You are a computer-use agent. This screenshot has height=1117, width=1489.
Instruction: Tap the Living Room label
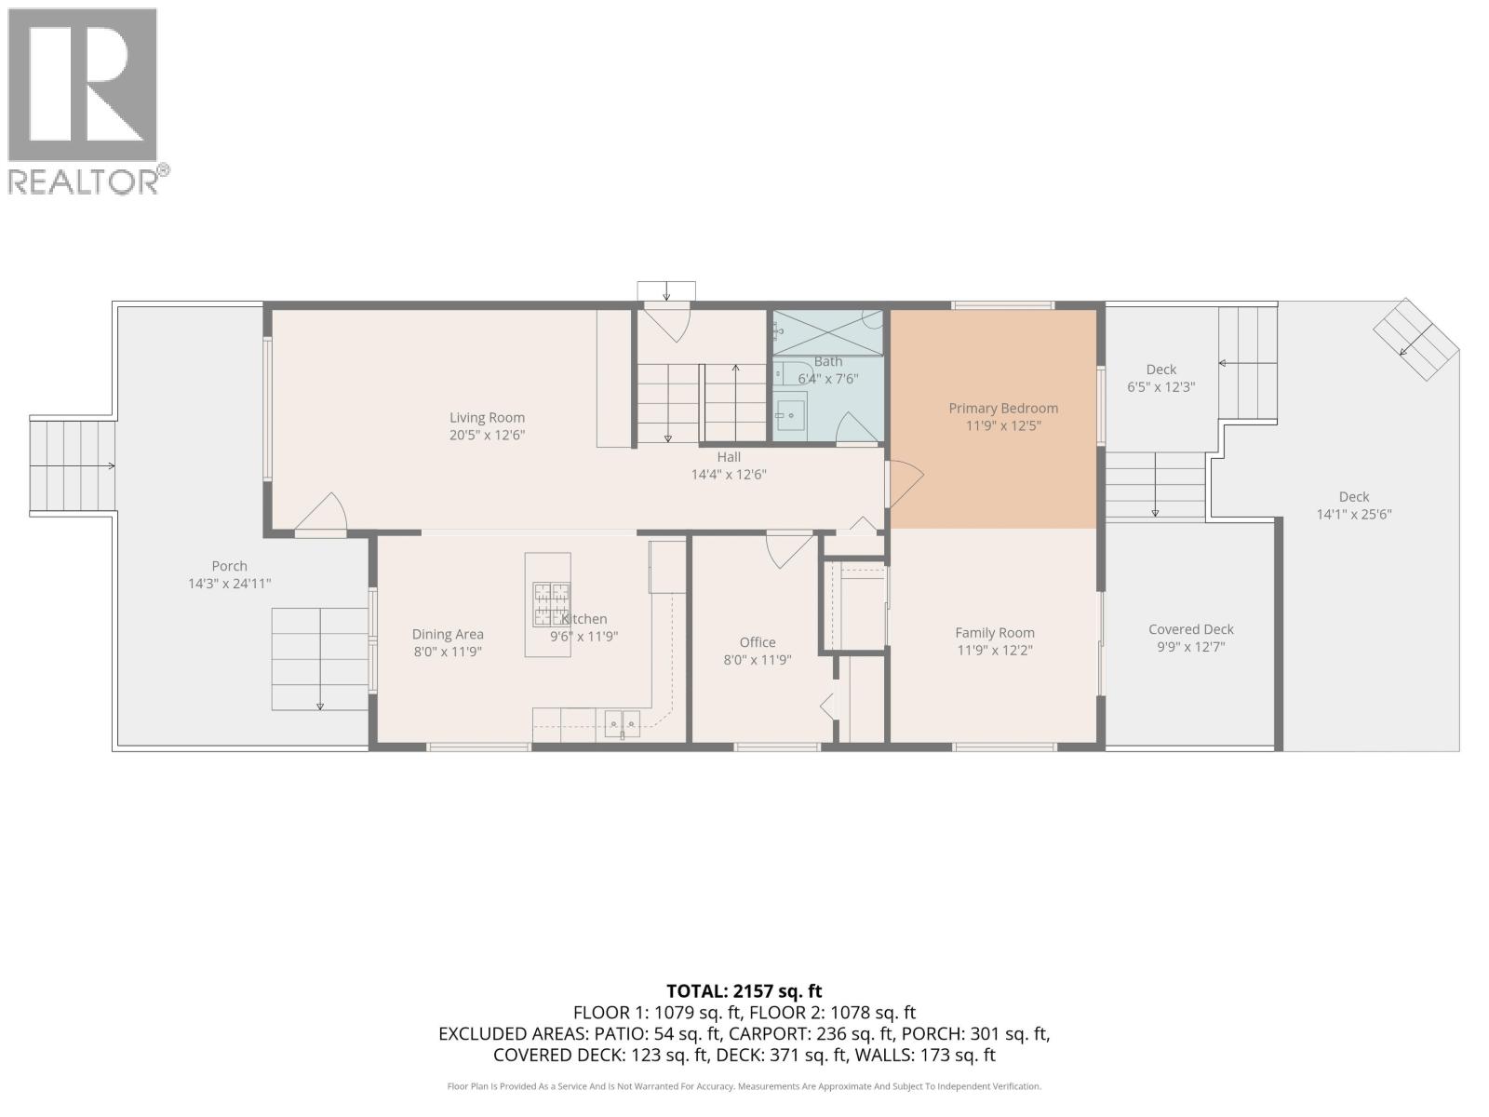(x=487, y=418)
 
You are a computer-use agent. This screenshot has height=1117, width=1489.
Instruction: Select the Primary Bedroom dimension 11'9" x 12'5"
(x=1002, y=425)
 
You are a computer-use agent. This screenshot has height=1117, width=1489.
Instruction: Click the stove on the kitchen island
(x=550, y=604)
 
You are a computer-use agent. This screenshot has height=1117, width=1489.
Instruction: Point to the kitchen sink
(x=622, y=721)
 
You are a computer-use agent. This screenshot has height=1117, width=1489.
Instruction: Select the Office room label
(x=757, y=642)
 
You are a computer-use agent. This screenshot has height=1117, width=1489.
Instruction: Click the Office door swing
(x=786, y=549)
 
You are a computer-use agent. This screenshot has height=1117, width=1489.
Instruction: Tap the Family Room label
(x=994, y=633)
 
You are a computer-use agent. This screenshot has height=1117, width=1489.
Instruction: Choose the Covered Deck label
(x=1190, y=629)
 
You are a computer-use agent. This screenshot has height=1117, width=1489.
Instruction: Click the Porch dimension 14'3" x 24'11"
(x=229, y=584)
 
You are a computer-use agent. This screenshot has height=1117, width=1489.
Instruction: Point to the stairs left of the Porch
(x=73, y=466)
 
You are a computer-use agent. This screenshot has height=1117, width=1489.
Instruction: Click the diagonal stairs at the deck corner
(x=1415, y=339)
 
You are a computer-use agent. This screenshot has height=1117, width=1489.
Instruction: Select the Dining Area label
(x=448, y=634)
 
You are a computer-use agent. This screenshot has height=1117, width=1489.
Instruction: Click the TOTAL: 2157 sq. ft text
(x=744, y=991)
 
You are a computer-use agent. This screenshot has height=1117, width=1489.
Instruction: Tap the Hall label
(x=729, y=457)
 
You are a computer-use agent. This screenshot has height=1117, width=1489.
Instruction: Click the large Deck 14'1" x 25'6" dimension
(x=1353, y=514)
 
